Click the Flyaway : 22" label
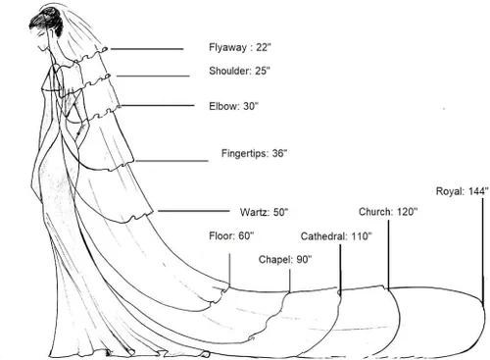pos(240,47)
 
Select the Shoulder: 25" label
pos(240,71)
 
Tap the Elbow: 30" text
pos(233,106)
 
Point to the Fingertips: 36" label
pos(254,153)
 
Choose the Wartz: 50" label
pos(264,212)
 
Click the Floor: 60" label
pos(231,235)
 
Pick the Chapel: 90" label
pos(285,260)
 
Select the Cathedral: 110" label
pos(336,236)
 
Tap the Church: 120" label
pos(388,212)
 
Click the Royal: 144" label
pos(463,191)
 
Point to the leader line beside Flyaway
pos(147,49)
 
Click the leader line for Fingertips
pos(171,161)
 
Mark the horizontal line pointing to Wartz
pos(194,211)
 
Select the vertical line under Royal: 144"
pos(483,250)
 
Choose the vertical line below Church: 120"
pos(388,255)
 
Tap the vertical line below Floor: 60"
pos(229,271)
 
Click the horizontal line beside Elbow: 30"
pos(158,106)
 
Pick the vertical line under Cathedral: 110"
pos(340,270)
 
